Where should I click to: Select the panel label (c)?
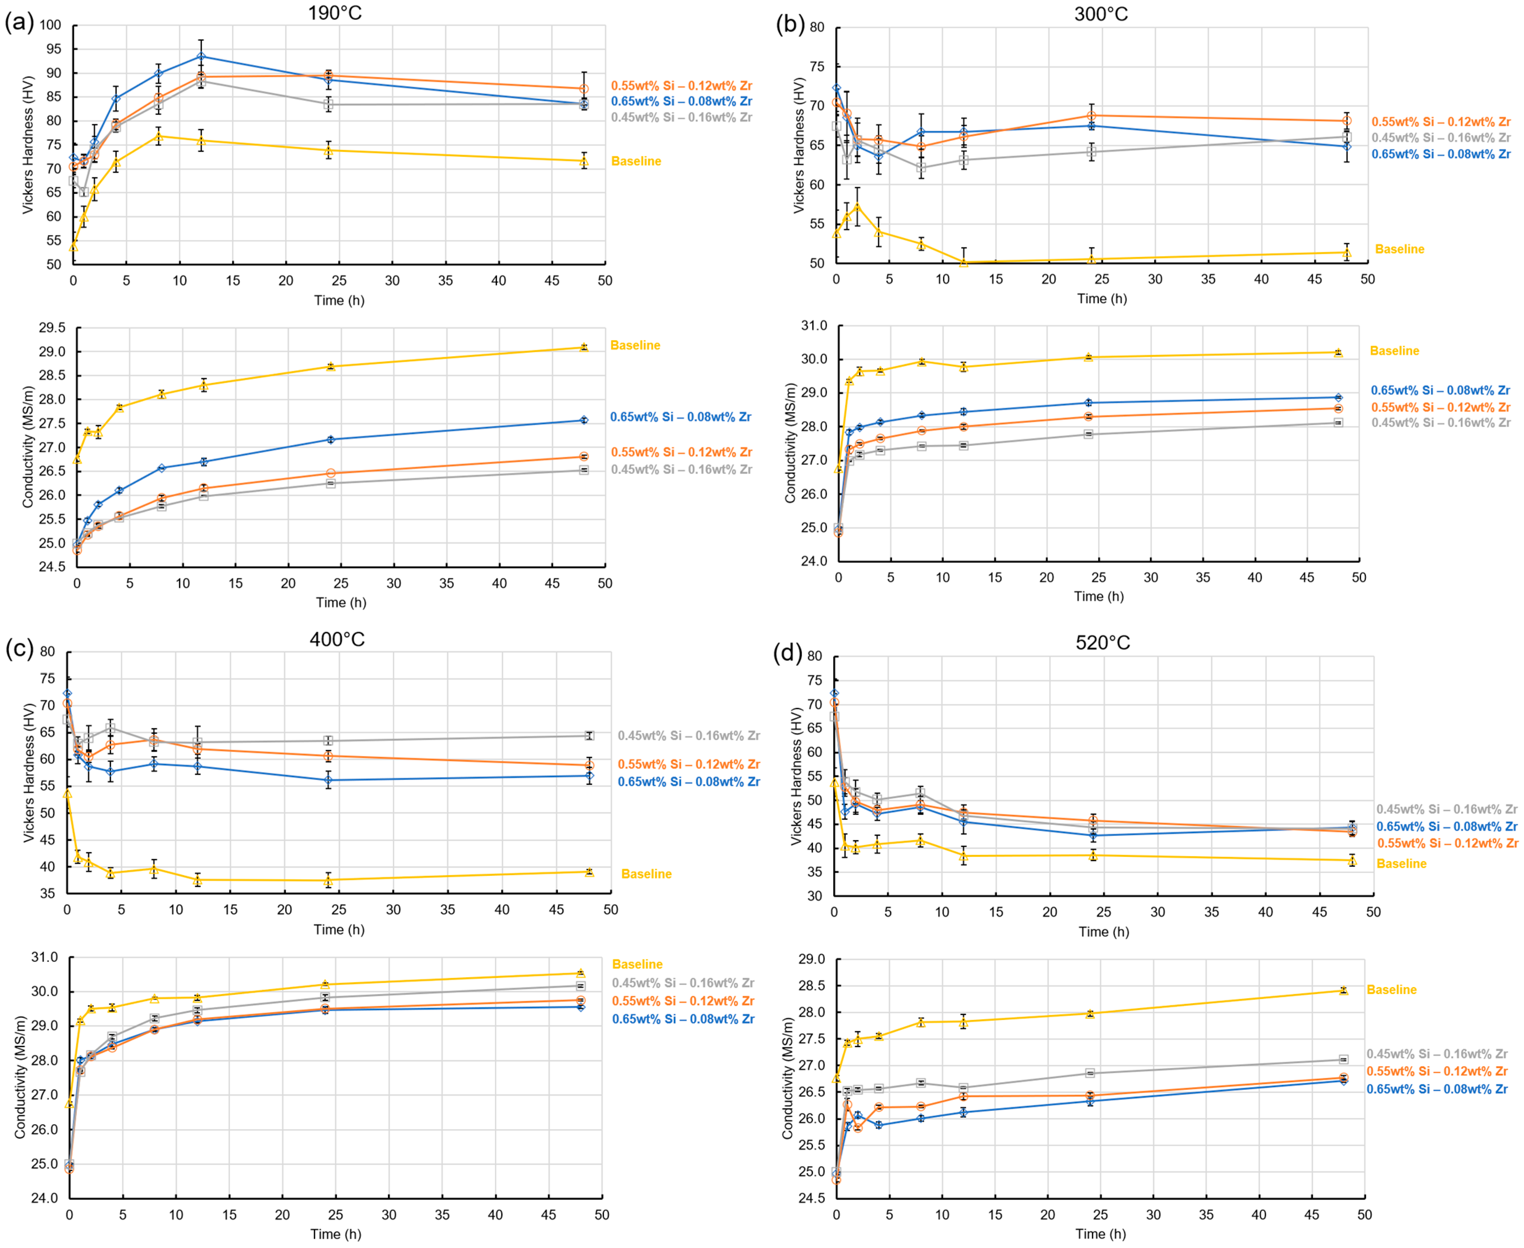point(20,648)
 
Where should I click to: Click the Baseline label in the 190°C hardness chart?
point(636,161)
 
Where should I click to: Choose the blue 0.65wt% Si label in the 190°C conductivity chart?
point(681,417)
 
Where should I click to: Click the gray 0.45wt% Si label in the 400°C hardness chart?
point(688,736)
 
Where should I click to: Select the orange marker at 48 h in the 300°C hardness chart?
point(1346,121)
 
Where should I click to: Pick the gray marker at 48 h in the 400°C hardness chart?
point(589,736)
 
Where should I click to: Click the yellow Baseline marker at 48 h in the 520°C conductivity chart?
point(1343,991)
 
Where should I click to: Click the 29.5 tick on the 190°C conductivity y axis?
point(52,328)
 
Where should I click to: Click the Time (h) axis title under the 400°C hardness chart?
point(338,930)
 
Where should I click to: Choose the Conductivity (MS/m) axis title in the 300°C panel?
point(790,443)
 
